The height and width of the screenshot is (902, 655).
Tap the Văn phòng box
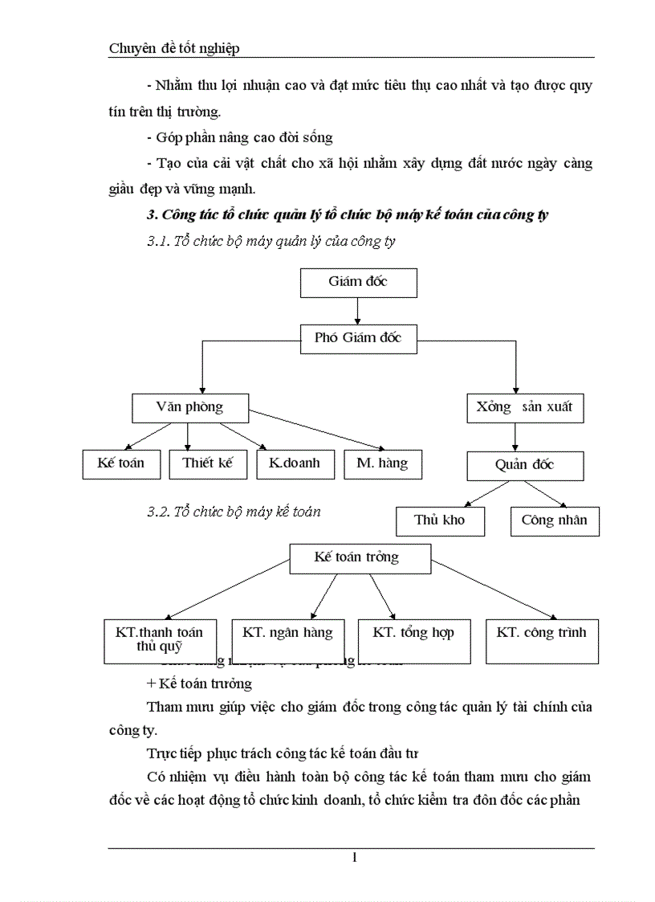tap(189, 408)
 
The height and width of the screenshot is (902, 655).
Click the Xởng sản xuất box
tap(525, 408)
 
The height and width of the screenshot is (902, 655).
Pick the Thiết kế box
tap(207, 464)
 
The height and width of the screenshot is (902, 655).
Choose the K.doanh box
tap(294, 464)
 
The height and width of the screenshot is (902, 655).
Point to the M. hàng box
tap(382, 464)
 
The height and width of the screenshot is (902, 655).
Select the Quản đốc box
tap(525, 466)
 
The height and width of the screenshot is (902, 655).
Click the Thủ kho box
tap(440, 521)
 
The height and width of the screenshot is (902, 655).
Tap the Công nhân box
tap(555, 521)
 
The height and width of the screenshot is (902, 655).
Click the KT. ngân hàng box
tap(287, 640)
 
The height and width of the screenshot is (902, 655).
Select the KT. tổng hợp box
tap(413, 640)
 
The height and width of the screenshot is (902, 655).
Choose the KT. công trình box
tap(542, 640)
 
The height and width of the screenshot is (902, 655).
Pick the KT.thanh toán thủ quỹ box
tap(160, 640)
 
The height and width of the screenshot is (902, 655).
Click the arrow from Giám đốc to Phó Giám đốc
tap(357, 311)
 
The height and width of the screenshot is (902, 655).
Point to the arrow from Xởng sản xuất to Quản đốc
tap(515, 437)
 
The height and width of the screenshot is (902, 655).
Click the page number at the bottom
tap(354, 858)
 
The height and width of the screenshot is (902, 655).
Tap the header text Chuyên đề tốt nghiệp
tap(174, 49)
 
